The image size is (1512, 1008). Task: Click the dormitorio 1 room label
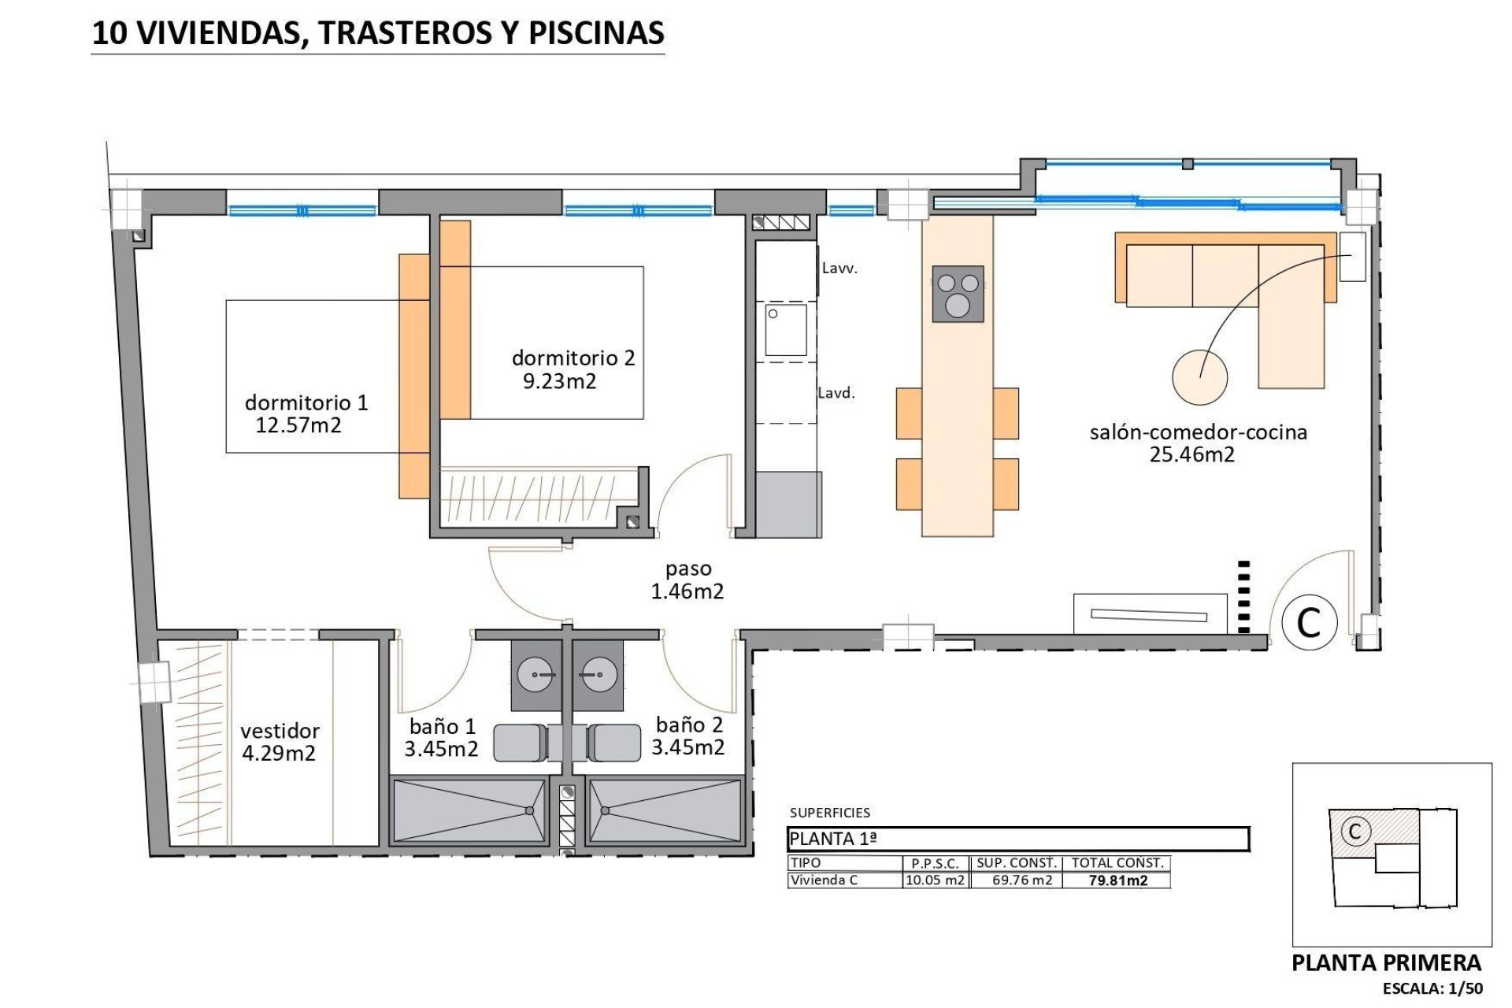[x=306, y=402]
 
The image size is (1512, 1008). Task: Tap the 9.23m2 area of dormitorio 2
[x=559, y=382]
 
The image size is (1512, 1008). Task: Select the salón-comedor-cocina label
[x=1198, y=432]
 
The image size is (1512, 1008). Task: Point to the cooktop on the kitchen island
[x=958, y=294]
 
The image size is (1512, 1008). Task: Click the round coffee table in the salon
[x=1199, y=377]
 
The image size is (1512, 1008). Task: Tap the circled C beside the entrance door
[x=1309, y=622]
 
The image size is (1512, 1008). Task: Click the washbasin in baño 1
[x=535, y=676]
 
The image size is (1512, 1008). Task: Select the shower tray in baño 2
[x=665, y=810]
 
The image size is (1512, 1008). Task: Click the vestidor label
[x=280, y=731]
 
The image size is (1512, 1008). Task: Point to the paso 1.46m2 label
[x=687, y=580]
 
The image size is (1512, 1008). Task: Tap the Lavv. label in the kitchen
[x=839, y=269]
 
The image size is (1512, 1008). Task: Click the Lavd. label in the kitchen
[x=836, y=393]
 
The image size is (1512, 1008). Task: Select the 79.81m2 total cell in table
[x=1117, y=880]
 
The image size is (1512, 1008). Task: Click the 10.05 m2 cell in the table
[x=935, y=880]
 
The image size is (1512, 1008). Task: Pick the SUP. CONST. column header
[x=1016, y=863]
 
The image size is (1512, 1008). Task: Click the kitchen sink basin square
[x=787, y=330]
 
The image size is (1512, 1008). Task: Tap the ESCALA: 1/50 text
[x=1432, y=988]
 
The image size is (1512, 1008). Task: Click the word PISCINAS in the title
[x=595, y=32]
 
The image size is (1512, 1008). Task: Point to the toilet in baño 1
[x=521, y=743]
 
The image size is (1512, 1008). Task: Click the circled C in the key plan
[x=1355, y=831]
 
